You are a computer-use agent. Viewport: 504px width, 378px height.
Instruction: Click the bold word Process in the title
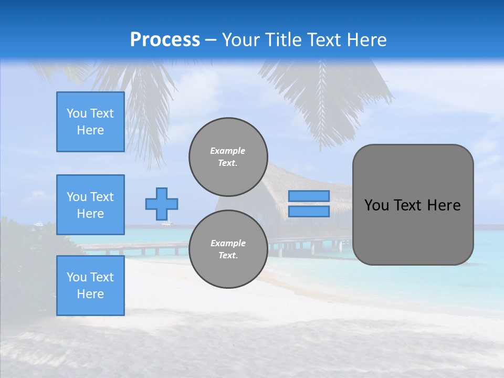[165, 40]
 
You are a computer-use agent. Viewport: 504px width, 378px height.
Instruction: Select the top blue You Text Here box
[90, 122]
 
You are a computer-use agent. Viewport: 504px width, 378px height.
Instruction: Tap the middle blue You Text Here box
[90, 205]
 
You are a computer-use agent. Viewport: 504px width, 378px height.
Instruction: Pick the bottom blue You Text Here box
[90, 286]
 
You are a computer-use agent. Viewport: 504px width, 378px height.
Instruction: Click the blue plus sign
[162, 204]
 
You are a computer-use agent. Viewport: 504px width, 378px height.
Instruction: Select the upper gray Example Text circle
[228, 156]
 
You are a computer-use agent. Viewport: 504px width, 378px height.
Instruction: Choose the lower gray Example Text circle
[228, 249]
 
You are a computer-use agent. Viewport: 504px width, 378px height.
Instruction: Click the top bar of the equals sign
[309, 196]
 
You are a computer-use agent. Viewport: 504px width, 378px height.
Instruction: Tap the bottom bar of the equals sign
[309, 212]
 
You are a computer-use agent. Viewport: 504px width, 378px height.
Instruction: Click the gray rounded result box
[413, 231]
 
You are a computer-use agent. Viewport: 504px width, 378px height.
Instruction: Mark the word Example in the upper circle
[227, 151]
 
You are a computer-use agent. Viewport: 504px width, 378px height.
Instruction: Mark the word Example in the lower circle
[227, 243]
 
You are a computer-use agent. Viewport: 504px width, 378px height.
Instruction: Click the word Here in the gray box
[444, 205]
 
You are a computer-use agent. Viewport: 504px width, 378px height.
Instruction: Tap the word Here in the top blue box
[90, 130]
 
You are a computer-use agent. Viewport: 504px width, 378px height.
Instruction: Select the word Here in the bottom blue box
[90, 294]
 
